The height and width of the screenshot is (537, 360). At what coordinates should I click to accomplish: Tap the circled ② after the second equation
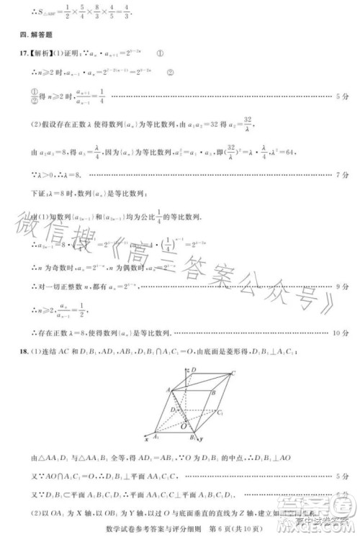tap(170, 72)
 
